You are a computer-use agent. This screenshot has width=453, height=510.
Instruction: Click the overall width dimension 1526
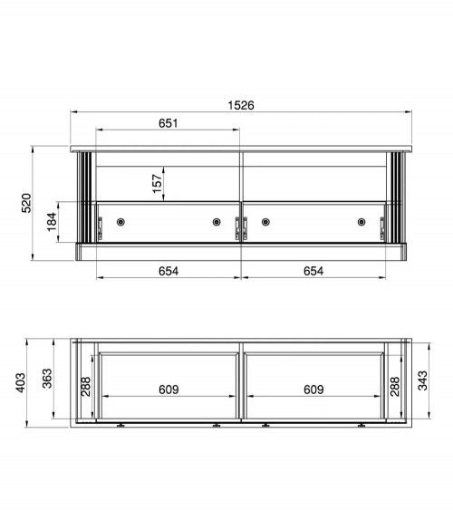click(x=241, y=105)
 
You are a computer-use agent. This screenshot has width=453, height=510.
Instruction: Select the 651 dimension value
click(x=168, y=123)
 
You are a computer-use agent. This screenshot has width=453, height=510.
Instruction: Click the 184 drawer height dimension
click(x=51, y=222)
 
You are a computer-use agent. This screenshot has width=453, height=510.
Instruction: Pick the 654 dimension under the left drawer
click(x=168, y=270)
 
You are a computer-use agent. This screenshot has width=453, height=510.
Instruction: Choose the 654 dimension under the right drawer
click(x=313, y=270)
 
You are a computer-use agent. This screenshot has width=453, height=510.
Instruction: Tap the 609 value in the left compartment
click(x=168, y=390)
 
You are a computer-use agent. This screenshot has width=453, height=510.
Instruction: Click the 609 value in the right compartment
click(x=313, y=390)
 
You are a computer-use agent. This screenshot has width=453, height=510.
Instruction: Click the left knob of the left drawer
click(x=120, y=222)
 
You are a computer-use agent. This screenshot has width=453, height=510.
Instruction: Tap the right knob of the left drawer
click(x=217, y=222)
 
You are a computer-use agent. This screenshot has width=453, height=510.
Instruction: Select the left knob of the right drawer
click(x=265, y=222)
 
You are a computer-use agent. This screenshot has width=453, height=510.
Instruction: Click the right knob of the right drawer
click(x=361, y=222)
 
